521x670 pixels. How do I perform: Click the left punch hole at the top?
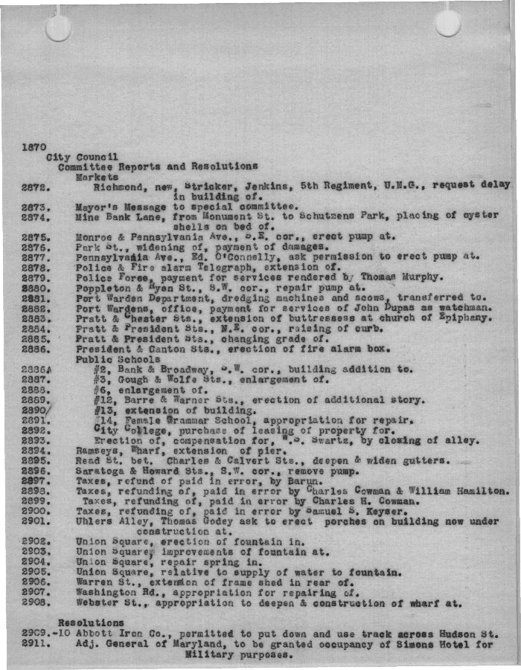pos(58,28)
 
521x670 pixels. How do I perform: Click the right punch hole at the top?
pos(447,22)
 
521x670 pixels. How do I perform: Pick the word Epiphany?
pos(463,318)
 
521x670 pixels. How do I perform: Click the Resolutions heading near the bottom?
pos(91,622)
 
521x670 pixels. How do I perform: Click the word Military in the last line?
pos(208,655)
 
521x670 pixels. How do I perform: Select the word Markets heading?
pos(97,178)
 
